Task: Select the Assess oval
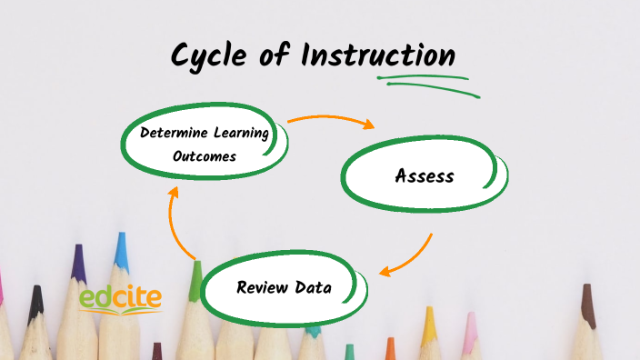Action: (425, 175)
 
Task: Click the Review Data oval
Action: (285, 288)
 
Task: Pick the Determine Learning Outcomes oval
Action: (205, 144)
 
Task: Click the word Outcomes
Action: (205, 156)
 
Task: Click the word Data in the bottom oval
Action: (312, 288)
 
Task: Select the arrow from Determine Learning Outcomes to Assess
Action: (332, 120)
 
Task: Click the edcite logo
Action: (119, 298)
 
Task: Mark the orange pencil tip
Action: (390, 346)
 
